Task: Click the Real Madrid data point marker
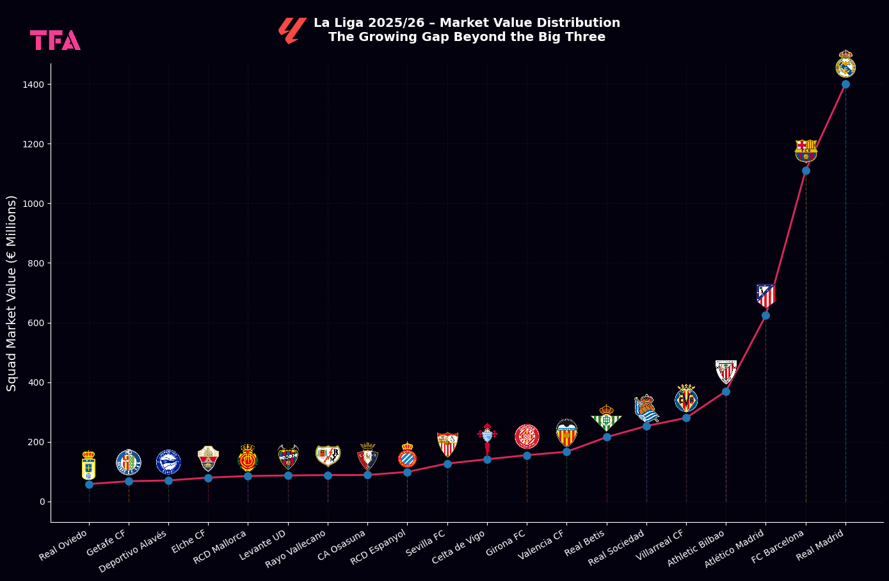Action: click(x=845, y=84)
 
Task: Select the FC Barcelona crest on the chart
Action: click(x=806, y=151)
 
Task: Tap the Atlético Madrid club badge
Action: click(x=765, y=295)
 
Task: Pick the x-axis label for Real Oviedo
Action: click(x=64, y=546)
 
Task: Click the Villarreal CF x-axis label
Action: click(x=661, y=546)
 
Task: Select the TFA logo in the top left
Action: click(x=55, y=40)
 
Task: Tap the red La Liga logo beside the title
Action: click(x=291, y=30)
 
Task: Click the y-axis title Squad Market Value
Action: click(x=12, y=293)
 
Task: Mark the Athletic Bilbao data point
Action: click(x=726, y=391)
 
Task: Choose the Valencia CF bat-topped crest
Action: click(x=566, y=433)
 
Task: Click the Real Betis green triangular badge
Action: click(x=606, y=418)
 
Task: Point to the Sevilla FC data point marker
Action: click(x=447, y=464)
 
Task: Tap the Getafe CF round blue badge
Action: click(x=129, y=462)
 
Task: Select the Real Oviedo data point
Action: click(x=89, y=484)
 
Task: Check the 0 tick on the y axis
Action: click(x=42, y=502)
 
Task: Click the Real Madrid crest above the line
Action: click(x=845, y=65)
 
